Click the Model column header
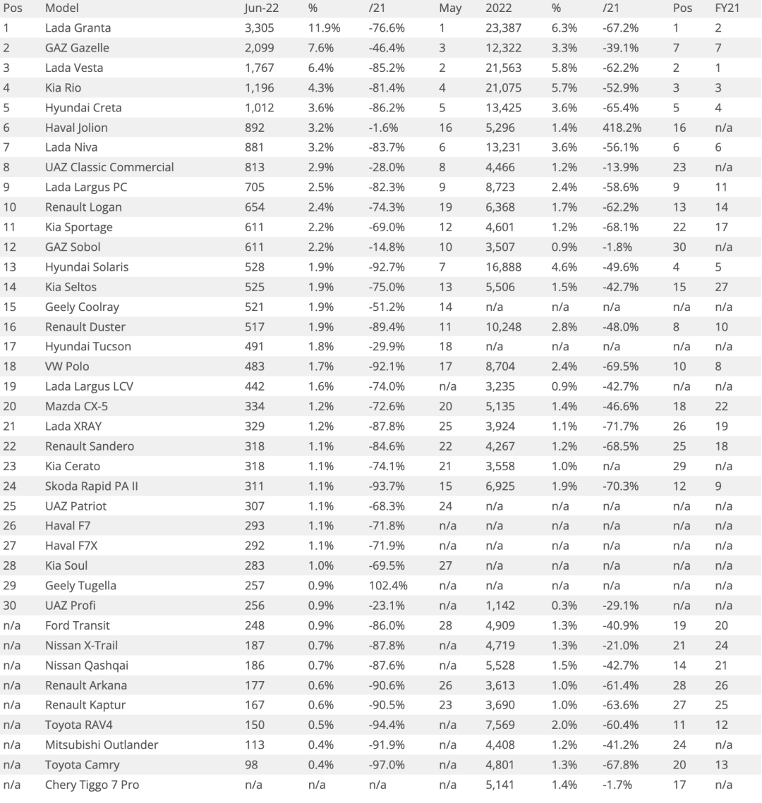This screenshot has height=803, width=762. click(61, 8)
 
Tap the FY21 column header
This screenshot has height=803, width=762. click(727, 8)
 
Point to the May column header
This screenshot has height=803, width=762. click(449, 8)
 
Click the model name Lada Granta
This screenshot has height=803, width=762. click(78, 28)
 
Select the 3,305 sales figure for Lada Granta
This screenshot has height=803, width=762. click(259, 28)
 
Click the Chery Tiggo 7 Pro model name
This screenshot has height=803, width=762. click(92, 784)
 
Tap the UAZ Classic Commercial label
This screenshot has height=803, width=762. click(109, 168)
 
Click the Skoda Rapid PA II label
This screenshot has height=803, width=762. click(92, 486)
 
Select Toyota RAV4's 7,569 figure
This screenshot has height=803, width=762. click(500, 725)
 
